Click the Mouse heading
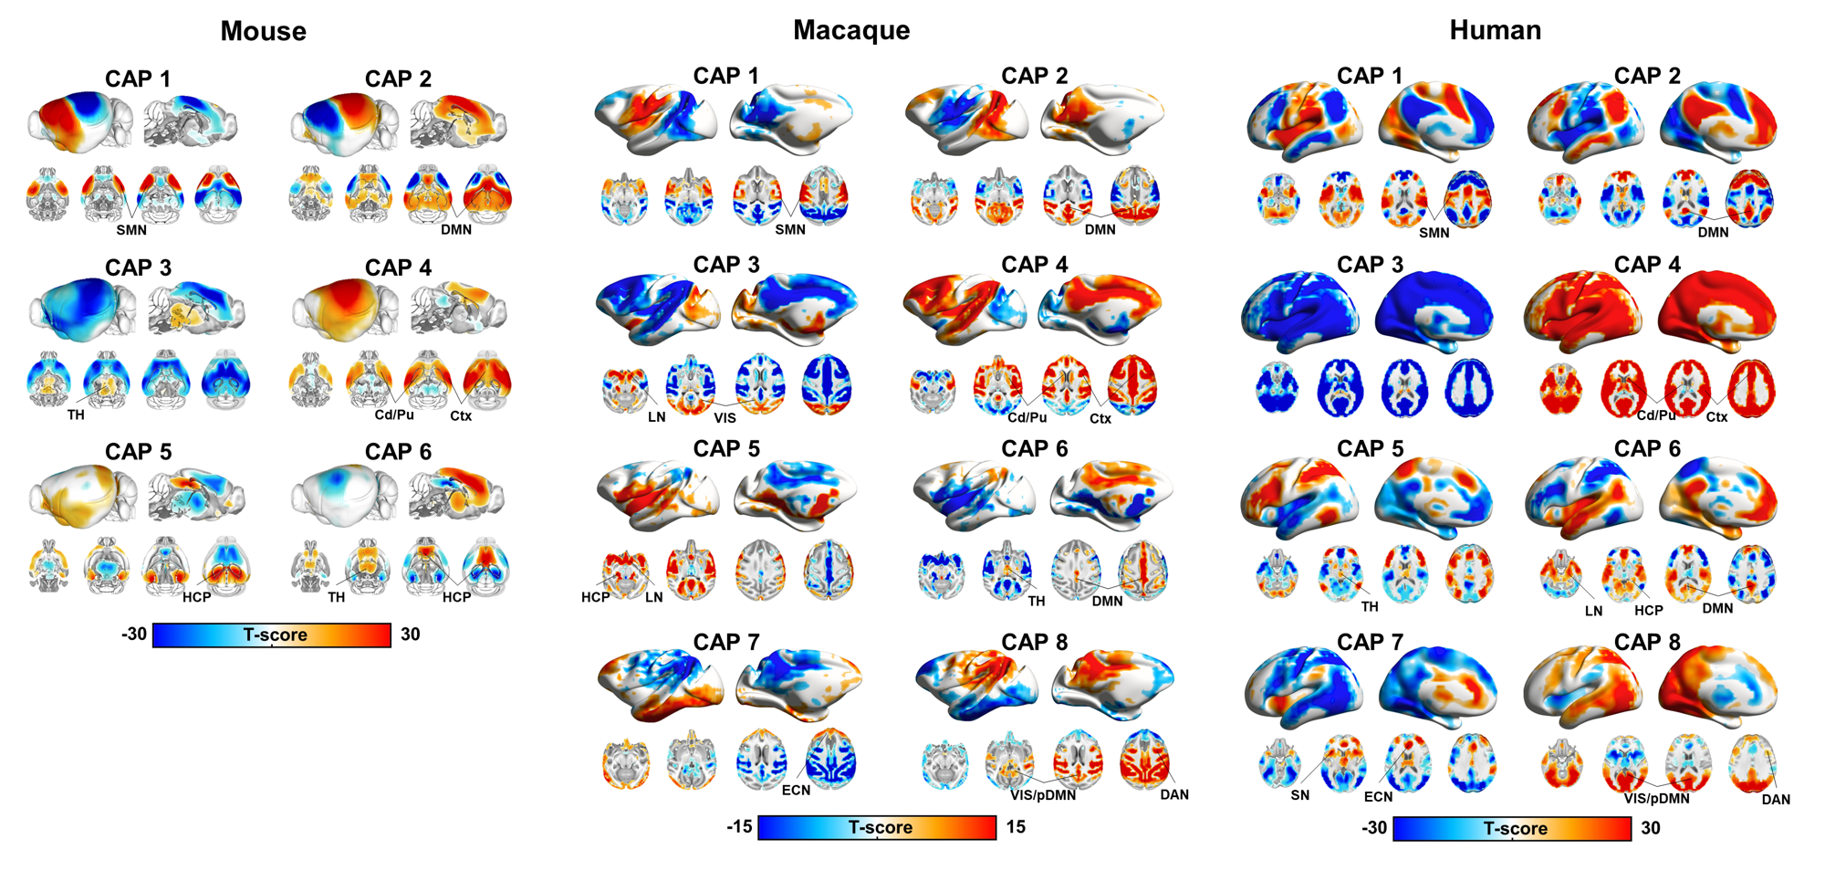point(263,31)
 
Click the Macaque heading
point(850,30)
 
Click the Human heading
point(1495,30)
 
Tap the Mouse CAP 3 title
point(138,268)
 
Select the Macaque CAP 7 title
point(726,642)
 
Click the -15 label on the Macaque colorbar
point(739,827)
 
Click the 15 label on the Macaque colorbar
point(1016,827)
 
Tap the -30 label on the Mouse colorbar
point(134,635)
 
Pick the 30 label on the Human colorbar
point(1651,828)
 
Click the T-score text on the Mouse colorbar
point(275,635)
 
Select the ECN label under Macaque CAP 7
point(796,790)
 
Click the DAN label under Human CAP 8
point(1776,800)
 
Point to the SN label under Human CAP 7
point(1299,795)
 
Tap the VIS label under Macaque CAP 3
point(725,418)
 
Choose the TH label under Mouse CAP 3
point(76,415)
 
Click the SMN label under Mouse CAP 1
point(131,231)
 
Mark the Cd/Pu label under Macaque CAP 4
point(1027,417)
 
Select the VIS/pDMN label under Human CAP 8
point(1656,799)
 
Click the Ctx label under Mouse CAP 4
point(461,416)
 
